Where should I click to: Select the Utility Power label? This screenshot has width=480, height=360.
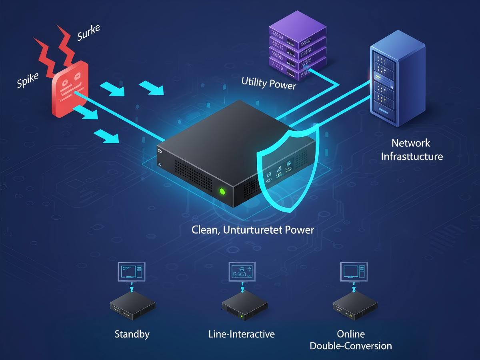click(268, 83)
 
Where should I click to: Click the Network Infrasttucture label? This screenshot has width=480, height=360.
click(411, 150)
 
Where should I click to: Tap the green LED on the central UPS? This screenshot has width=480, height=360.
click(222, 191)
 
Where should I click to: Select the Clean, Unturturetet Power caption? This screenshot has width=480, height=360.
click(253, 230)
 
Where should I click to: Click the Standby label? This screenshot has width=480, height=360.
click(132, 334)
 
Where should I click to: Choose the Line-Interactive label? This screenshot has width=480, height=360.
click(242, 334)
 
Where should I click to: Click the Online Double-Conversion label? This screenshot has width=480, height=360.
click(351, 340)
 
